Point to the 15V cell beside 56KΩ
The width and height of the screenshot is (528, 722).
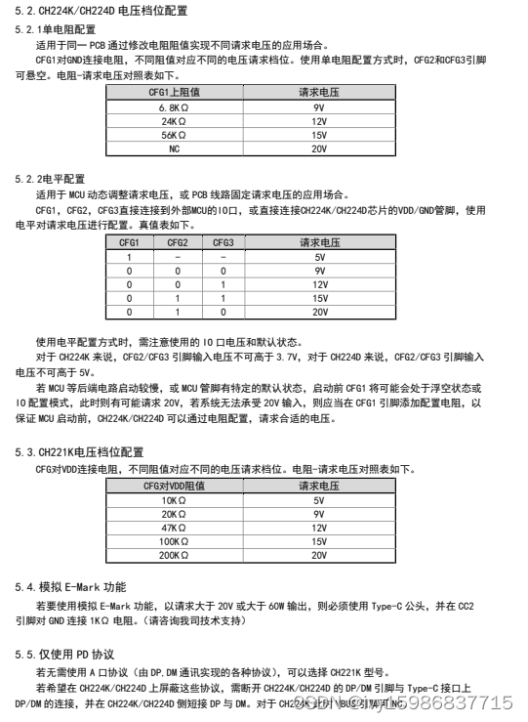click(318, 135)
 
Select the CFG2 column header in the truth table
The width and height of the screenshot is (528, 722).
click(178, 242)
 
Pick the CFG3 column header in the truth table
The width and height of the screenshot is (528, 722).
click(223, 242)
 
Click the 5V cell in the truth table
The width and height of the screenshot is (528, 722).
click(318, 256)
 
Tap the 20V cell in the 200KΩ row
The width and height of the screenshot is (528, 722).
click(318, 554)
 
